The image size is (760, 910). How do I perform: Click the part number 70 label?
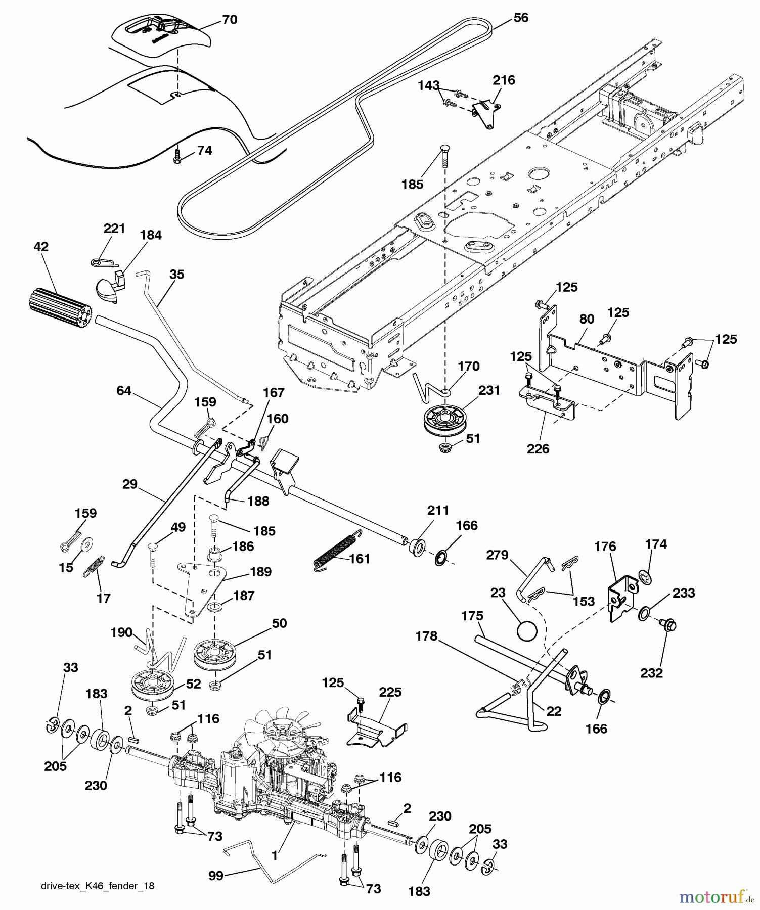(230, 20)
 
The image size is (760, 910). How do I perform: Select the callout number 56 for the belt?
(520, 18)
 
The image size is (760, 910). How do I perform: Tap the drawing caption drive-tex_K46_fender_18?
(98, 886)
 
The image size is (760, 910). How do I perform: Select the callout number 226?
(538, 449)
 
